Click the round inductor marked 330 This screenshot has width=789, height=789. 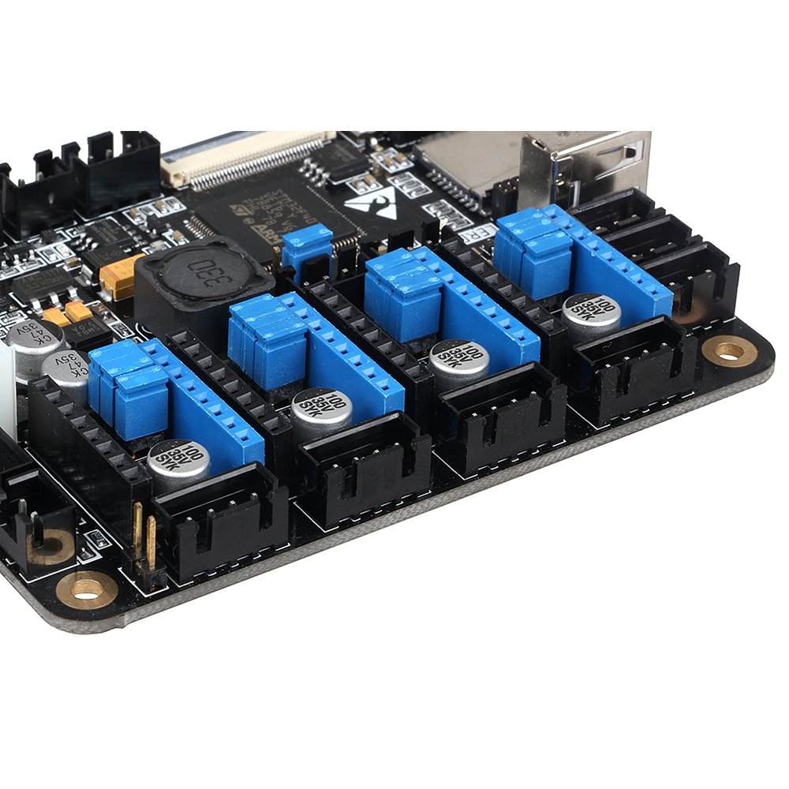204,279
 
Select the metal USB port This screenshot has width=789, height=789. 584,166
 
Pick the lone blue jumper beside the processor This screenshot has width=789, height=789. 307,245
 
